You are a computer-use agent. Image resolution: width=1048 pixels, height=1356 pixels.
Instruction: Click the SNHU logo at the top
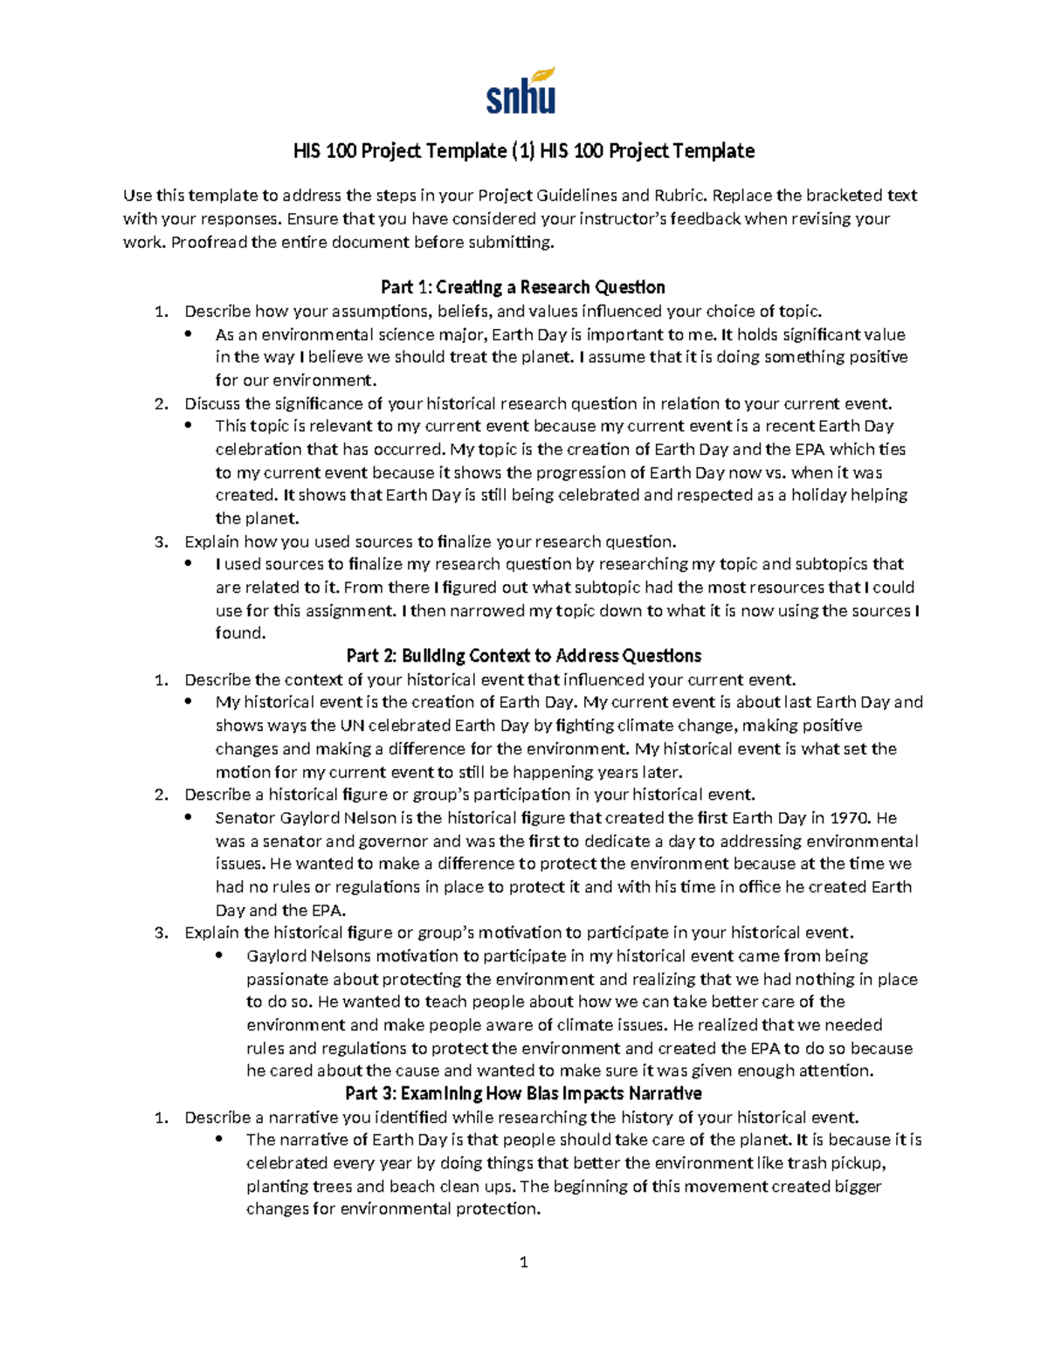pyautogui.click(x=521, y=92)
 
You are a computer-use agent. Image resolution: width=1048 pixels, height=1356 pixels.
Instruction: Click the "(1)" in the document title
pyautogui.click(x=522, y=151)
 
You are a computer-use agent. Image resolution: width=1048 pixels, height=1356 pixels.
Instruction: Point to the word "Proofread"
pyautogui.click(x=210, y=242)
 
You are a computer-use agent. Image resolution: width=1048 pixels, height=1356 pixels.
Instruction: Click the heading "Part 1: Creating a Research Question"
pyautogui.click(x=523, y=287)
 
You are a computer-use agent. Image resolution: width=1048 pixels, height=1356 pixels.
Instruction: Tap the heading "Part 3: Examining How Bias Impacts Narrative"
pyautogui.click(x=523, y=1093)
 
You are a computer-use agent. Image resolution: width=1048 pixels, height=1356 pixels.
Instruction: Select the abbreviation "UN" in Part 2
pyautogui.click(x=351, y=726)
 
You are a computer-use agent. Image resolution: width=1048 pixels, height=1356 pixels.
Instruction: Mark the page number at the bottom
pyautogui.click(x=523, y=1262)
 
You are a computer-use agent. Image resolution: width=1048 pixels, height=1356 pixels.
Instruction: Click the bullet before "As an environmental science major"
pyautogui.click(x=188, y=334)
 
